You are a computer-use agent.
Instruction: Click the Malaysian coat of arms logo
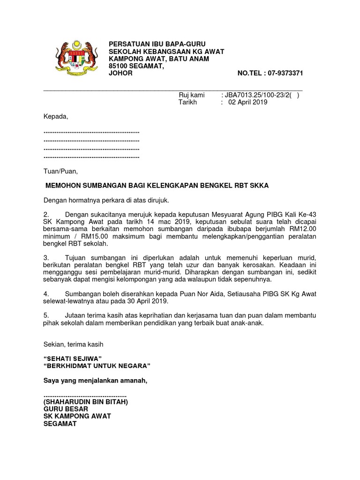pos(75,57)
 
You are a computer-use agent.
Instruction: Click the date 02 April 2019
pos(247,102)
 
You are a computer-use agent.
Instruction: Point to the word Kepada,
pos(56,117)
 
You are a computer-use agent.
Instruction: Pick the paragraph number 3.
pos(46,258)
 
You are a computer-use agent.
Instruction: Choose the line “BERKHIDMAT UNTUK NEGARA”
pos(97,366)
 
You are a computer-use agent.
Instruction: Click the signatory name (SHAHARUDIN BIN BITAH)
pos(85,402)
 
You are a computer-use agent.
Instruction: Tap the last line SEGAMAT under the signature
pos(60,423)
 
